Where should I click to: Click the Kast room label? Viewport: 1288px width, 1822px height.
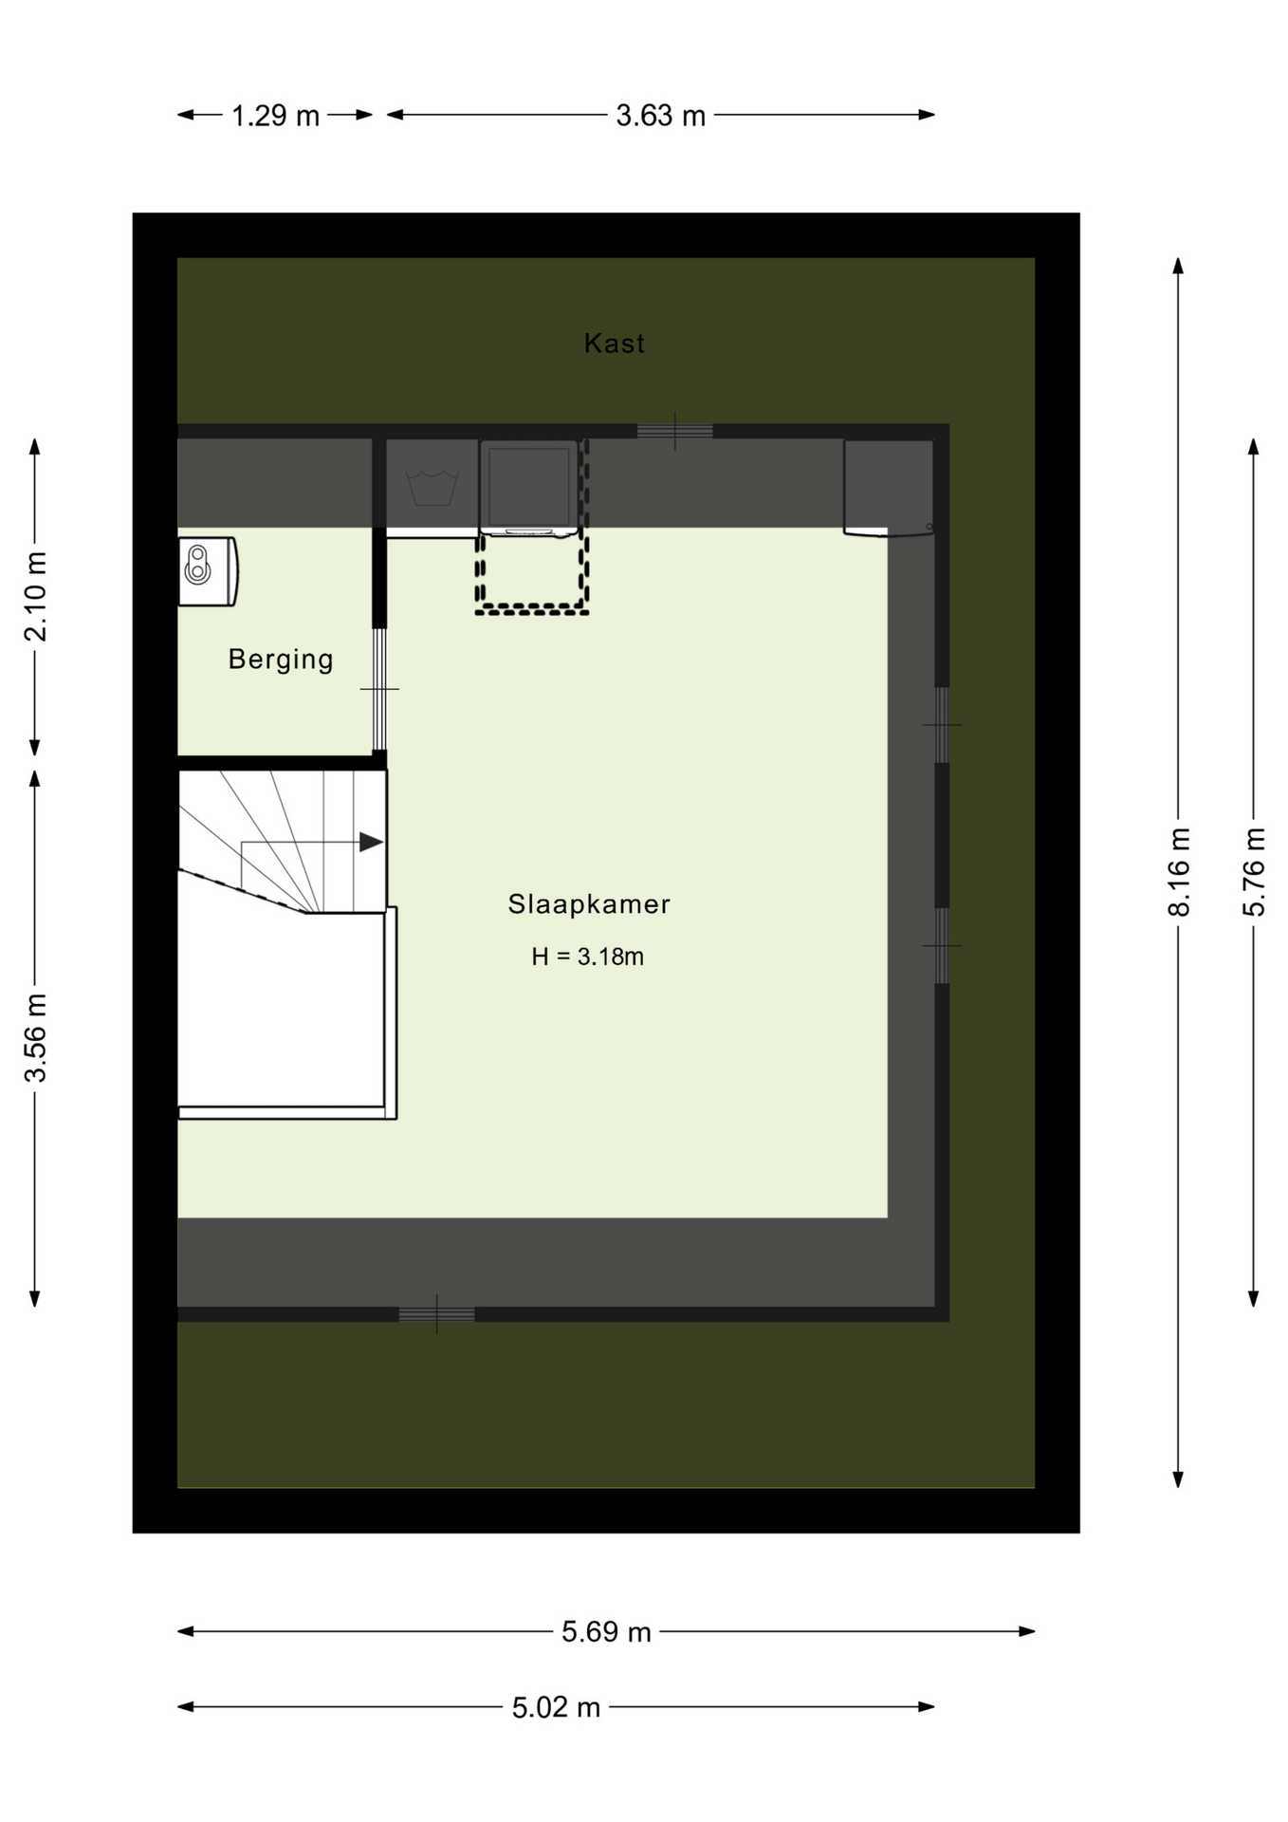(x=614, y=343)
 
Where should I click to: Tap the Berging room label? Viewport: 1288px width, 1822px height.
(x=281, y=660)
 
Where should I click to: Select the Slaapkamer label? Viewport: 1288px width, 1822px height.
(x=589, y=904)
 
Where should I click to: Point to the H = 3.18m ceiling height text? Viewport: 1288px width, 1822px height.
(x=588, y=957)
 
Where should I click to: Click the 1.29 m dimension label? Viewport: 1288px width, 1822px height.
(x=275, y=116)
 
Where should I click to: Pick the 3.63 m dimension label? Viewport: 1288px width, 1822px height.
(x=661, y=116)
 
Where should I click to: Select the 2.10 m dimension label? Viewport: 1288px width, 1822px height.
(x=35, y=597)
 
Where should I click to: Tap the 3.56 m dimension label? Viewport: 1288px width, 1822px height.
(x=35, y=1038)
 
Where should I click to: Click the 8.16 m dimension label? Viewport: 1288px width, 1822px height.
(x=1178, y=872)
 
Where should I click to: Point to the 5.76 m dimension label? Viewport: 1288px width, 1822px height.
(x=1254, y=872)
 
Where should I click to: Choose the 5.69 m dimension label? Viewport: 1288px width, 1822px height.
(x=606, y=1632)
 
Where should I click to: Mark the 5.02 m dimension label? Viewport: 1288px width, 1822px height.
(x=556, y=1708)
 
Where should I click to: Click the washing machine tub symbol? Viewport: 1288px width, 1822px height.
(x=432, y=488)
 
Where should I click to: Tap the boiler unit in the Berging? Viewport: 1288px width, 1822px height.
(x=208, y=571)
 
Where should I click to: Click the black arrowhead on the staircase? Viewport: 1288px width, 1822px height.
(x=371, y=842)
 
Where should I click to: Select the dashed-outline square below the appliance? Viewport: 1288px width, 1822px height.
(x=532, y=573)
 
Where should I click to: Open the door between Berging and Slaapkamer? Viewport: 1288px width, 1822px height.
(x=379, y=689)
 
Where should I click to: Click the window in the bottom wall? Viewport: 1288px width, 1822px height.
(x=436, y=1314)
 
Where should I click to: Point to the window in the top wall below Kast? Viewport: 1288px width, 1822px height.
(x=674, y=431)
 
